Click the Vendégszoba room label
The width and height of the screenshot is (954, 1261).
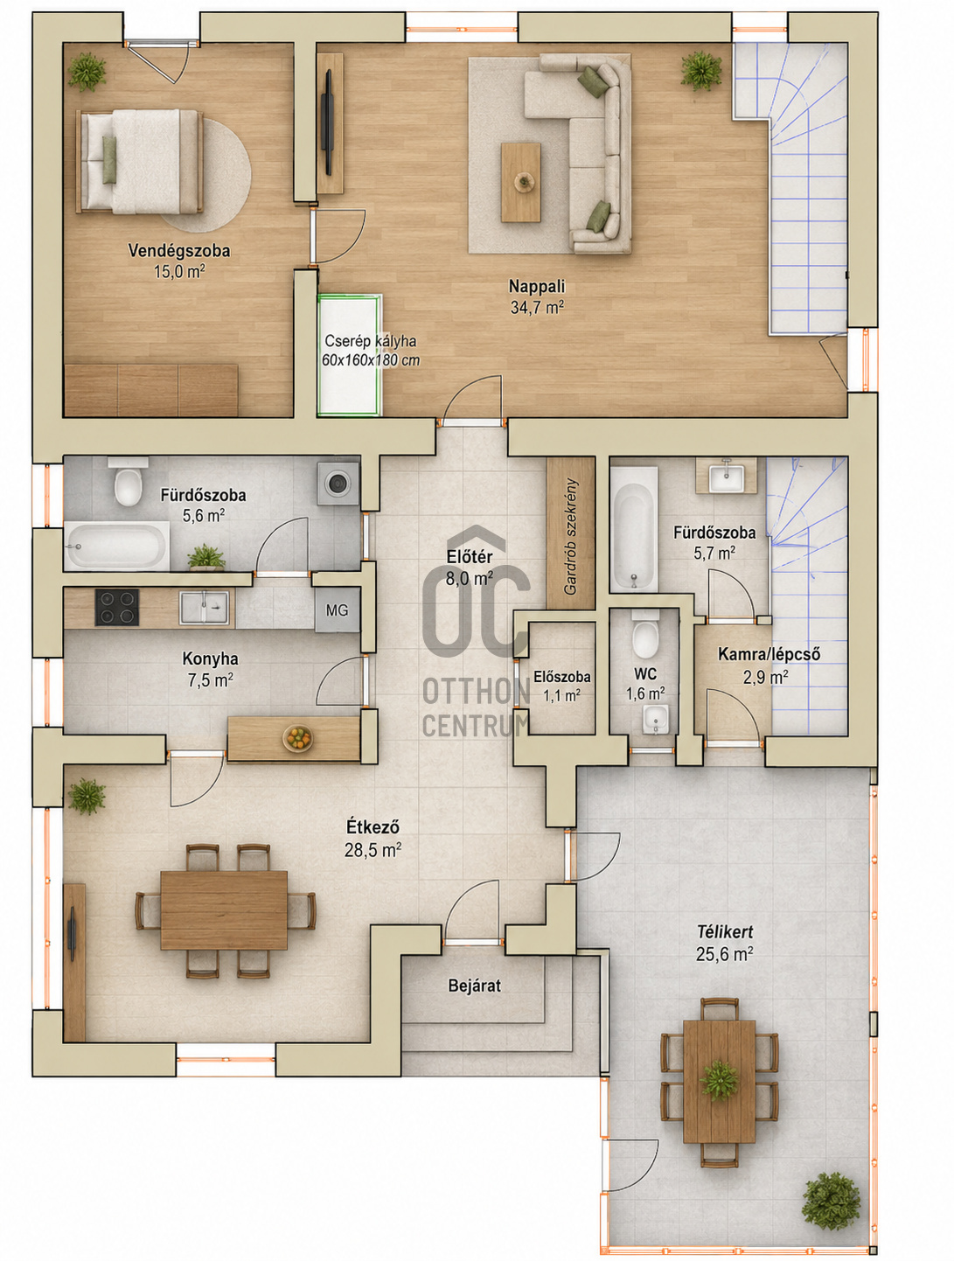point(178,250)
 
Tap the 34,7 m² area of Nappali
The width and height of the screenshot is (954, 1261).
point(537,307)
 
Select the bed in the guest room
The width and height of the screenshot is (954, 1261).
point(140,162)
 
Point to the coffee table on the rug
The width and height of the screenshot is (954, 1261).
point(520,182)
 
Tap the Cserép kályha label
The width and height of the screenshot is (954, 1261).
point(371,341)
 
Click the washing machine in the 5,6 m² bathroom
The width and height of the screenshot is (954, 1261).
point(338,483)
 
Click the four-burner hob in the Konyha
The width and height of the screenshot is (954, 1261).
point(117,607)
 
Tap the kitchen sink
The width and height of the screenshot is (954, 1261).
point(204,608)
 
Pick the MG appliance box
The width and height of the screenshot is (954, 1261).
point(338,610)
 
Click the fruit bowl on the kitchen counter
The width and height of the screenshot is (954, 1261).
point(298,738)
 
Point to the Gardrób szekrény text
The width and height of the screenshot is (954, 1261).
point(570,535)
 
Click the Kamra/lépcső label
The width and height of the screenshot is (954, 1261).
point(769,654)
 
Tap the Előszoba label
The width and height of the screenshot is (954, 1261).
point(561,677)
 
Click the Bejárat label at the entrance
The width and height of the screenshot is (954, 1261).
point(475,986)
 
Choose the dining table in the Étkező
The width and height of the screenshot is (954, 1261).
point(224,910)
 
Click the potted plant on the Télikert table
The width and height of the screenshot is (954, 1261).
point(719,1080)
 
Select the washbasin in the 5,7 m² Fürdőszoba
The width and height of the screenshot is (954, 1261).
point(727,476)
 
